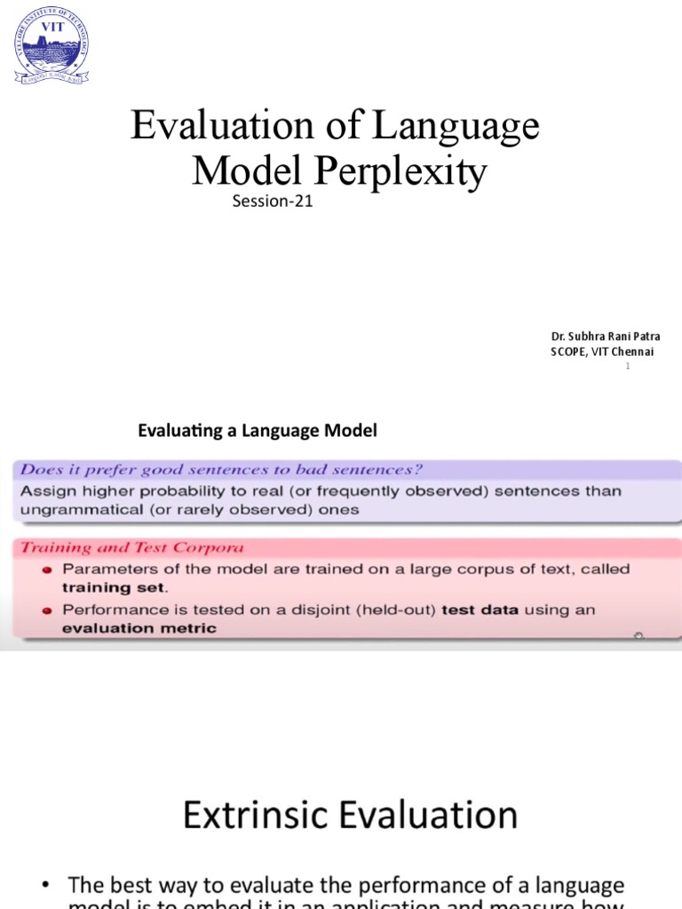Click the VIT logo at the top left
[x=51, y=50]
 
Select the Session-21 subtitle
[x=273, y=202]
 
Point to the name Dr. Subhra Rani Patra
[x=605, y=336]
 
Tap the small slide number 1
[x=627, y=367]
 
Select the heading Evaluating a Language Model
[x=258, y=431]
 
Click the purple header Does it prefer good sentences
[x=221, y=470]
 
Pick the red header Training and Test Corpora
[x=132, y=548]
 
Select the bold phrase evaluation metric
[x=139, y=628]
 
